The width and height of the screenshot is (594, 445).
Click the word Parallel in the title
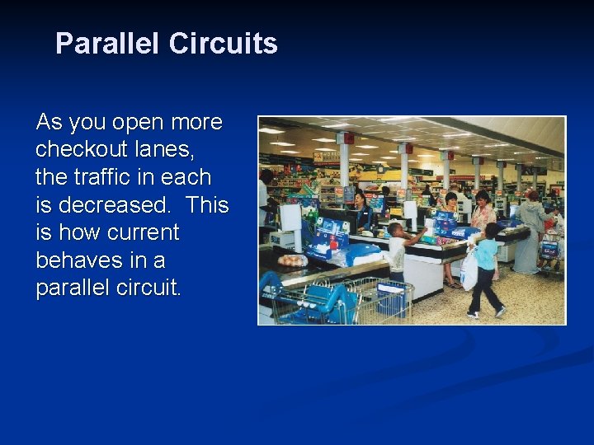point(107,44)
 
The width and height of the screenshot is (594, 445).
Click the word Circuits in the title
point(223,44)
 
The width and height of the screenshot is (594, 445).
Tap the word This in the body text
point(207,205)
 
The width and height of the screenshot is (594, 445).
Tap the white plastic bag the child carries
point(469,271)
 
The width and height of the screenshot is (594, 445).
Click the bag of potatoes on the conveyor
point(292,260)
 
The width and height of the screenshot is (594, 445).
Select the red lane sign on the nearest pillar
point(346,138)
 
